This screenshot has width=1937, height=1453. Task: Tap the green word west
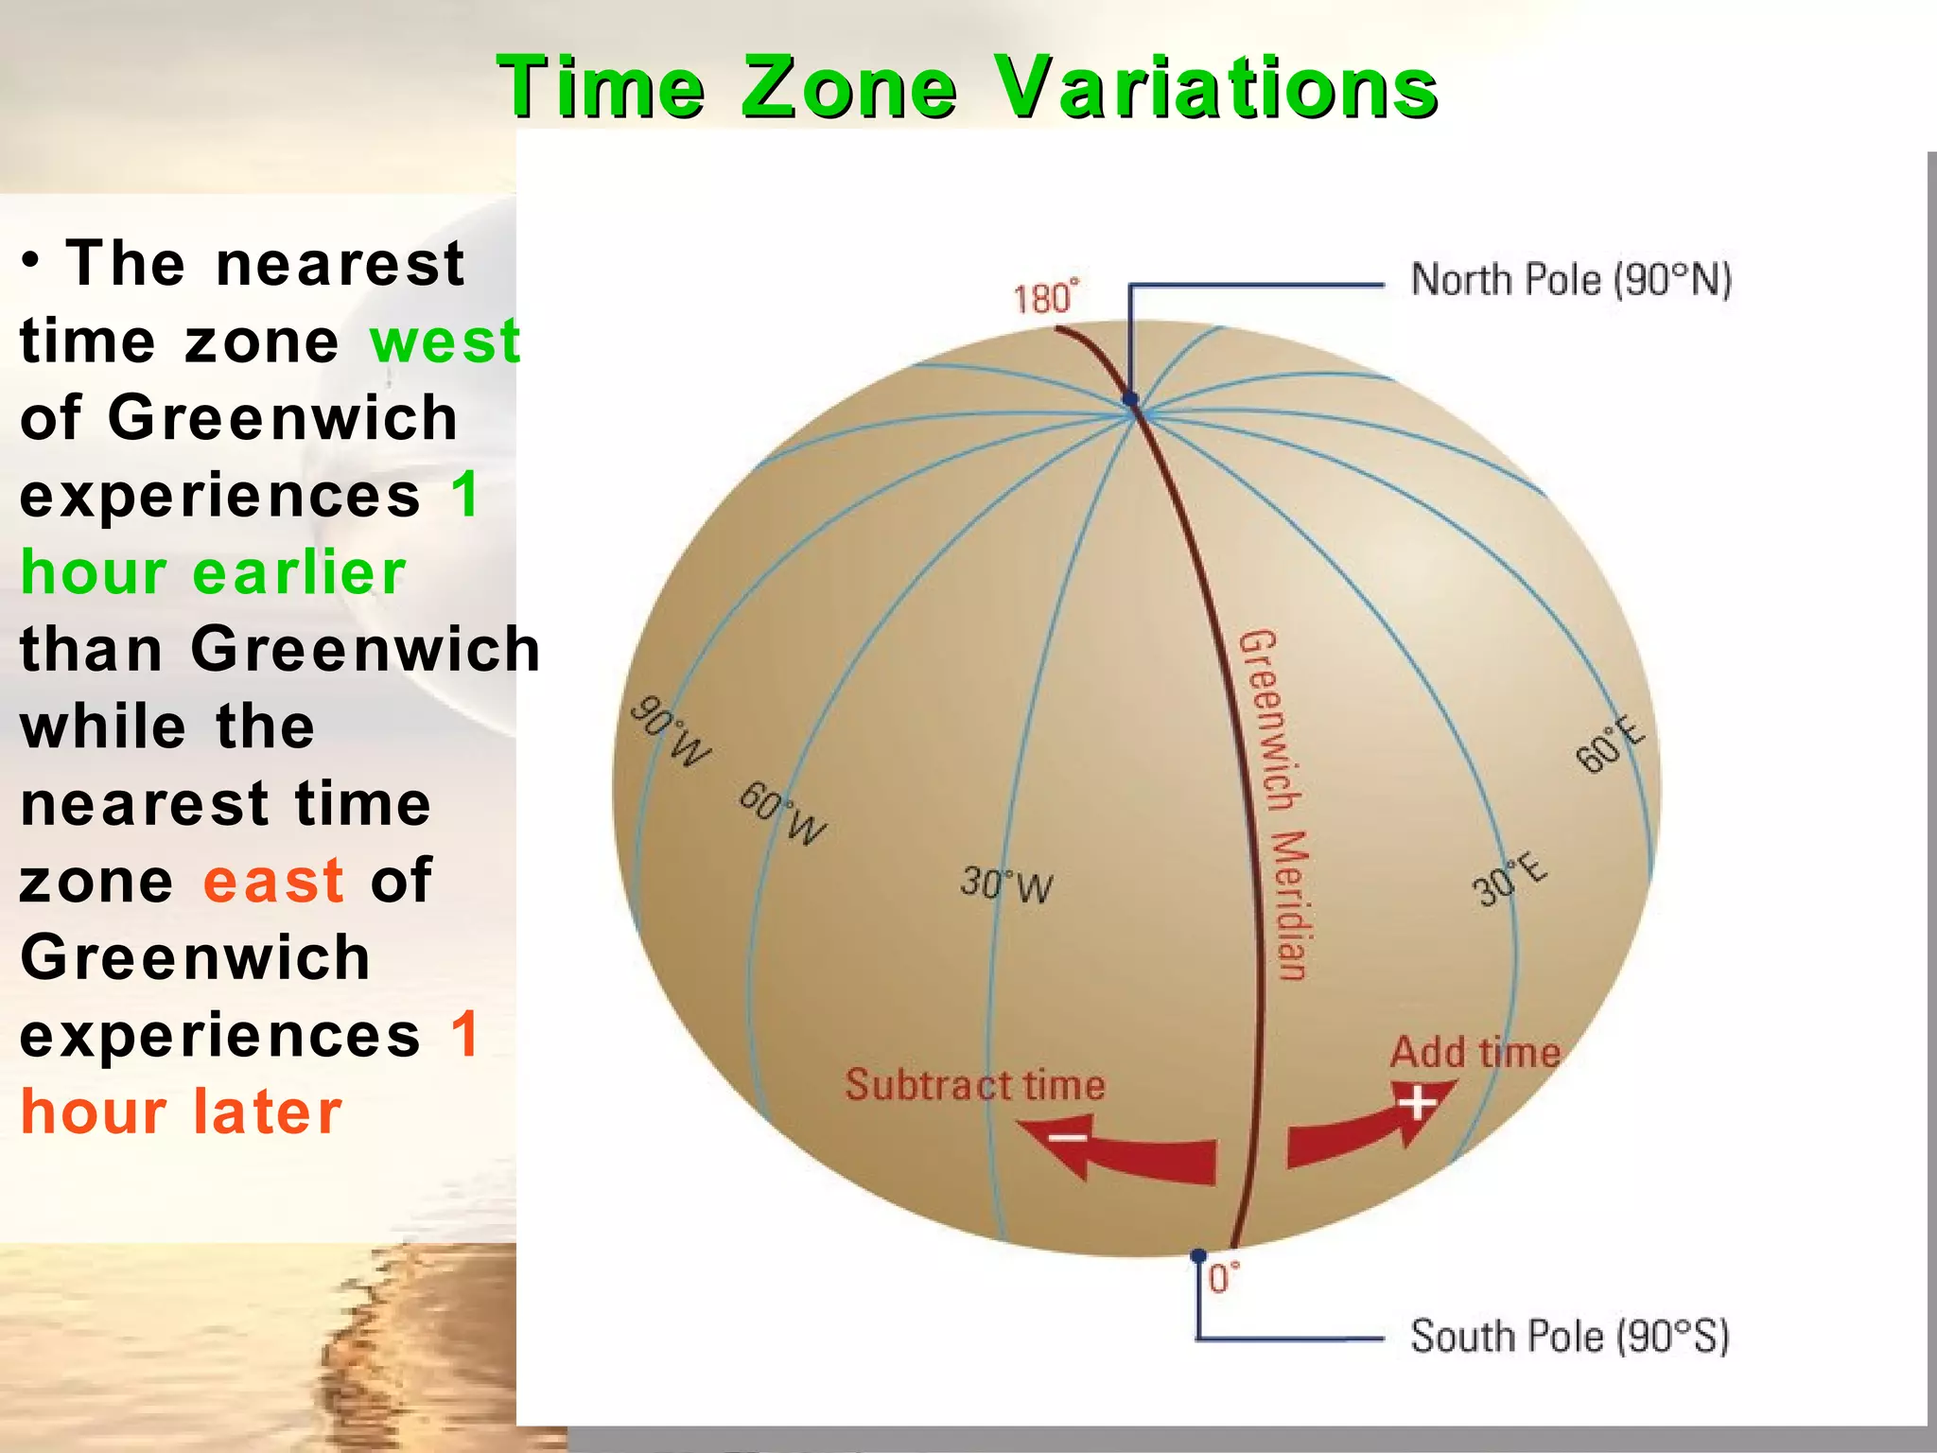pos(445,341)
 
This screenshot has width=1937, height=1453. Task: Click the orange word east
pos(273,881)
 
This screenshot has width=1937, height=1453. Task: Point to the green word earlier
pos(299,573)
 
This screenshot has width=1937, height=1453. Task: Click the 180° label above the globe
pos(1045,298)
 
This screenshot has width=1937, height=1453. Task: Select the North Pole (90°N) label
pos(1570,280)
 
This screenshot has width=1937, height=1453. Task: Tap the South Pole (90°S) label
pos(1570,1337)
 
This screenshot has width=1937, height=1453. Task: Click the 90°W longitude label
pos(670,731)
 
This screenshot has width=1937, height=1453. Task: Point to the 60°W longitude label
pos(782,814)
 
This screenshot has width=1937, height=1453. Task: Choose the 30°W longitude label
pos(1006,884)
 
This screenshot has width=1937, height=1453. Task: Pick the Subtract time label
pos(974,1085)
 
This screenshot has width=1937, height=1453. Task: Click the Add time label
pos(1475,1053)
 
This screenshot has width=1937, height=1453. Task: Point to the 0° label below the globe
pos(1223,1279)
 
